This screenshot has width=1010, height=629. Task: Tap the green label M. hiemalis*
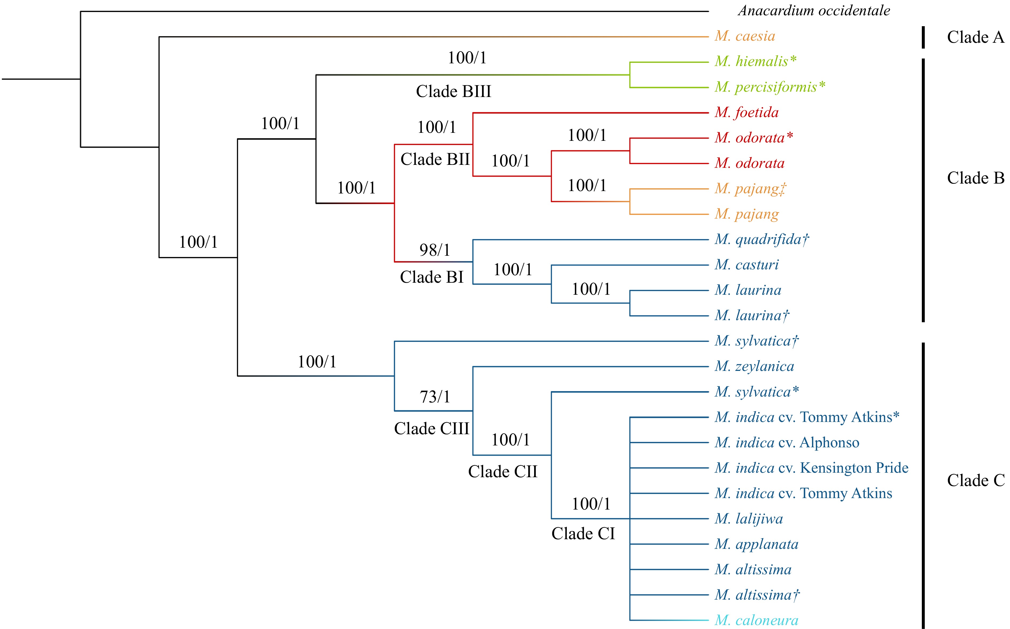click(755, 61)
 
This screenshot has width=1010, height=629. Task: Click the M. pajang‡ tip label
click(750, 189)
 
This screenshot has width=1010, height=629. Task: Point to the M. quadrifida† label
click(761, 240)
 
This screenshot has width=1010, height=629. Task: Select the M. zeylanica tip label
click(754, 367)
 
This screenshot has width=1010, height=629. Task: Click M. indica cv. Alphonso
click(787, 443)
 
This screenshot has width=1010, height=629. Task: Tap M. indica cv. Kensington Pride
click(811, 468)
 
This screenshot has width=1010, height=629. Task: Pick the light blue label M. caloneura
click(756, 620)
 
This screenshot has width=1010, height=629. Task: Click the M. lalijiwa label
click(748, 519)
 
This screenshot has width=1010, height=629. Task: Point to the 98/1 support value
click(435, 250)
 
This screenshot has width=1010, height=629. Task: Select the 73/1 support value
click(435, 397)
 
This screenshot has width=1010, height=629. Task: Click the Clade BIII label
click(453, 92)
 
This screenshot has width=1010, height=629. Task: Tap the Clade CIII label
click(431, 429)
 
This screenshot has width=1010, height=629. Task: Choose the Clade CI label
click(583, 534)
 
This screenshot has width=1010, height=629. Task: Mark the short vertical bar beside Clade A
click(923, 37)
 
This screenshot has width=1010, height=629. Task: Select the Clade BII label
click(435, 159)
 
